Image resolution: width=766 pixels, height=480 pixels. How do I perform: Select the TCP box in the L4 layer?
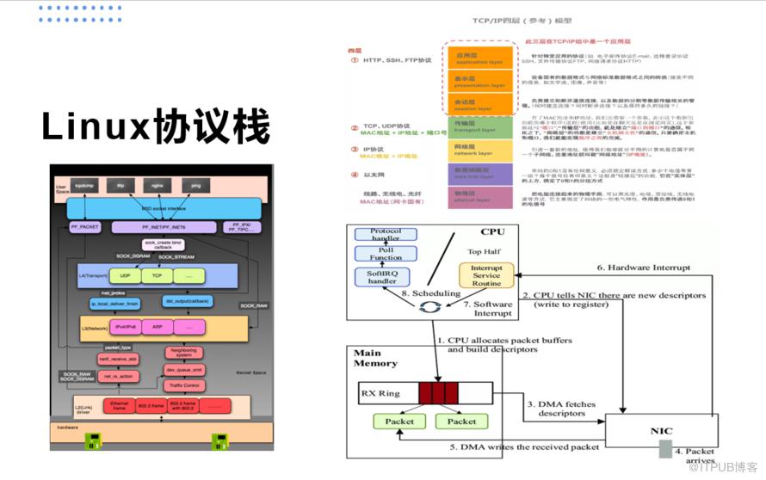point(158,276)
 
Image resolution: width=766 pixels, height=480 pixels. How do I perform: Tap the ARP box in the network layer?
point(158,328)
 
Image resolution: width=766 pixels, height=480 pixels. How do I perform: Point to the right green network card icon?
point(220,442)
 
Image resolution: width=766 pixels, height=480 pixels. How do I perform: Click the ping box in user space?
point(195,185)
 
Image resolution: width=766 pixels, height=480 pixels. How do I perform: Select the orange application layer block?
point(479,57)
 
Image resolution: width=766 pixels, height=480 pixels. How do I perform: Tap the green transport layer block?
point(479,126)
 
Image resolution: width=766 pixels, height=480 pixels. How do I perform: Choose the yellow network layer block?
point(479,151)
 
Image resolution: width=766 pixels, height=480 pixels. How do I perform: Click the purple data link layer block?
point(479,174)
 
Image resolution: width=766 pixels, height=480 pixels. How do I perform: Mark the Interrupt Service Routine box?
point(486,275)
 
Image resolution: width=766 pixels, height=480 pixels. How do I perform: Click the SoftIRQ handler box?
point(381,275)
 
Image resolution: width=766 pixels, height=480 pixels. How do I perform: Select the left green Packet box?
point(398,422)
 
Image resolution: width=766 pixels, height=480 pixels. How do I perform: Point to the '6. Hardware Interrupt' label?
point(644,268)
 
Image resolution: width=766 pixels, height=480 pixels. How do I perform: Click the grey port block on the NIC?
point(664,448)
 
